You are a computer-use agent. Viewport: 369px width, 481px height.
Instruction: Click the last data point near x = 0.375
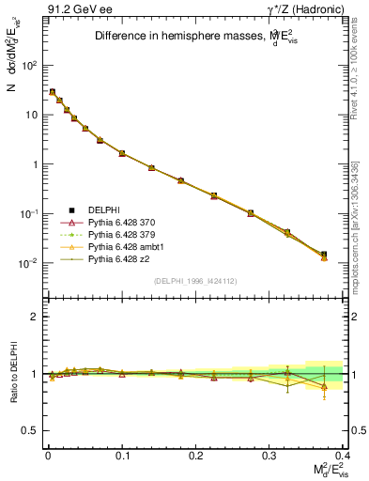tap(324, 255)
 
